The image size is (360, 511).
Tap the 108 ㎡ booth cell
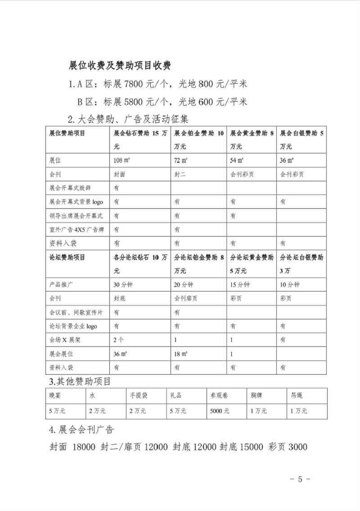click(122, 160)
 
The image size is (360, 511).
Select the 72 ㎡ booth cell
click(180, 160)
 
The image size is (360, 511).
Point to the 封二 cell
click(180, 174)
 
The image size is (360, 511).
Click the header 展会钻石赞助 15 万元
click(141, 140)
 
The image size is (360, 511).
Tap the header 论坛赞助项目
click(67, 258)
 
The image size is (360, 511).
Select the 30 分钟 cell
click(123, 285)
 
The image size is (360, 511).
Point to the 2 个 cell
click(119, 340)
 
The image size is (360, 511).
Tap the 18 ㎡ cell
click(180, 354)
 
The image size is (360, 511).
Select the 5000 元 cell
click(220, 411)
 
